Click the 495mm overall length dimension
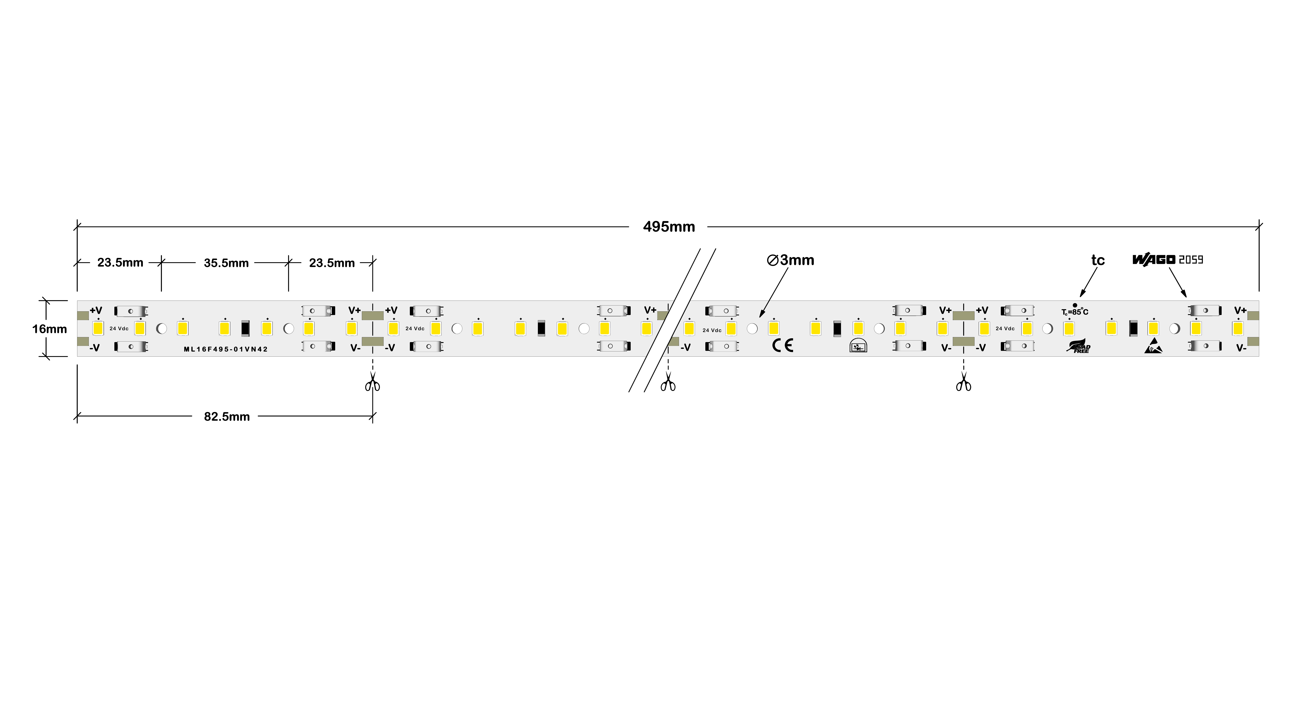[x=669, y=227]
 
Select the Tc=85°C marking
[x=1075, y=312]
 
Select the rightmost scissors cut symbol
[x=963, y=383]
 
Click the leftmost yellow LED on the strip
[x=98, y=329]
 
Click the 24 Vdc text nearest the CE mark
[x=712, y=330]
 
